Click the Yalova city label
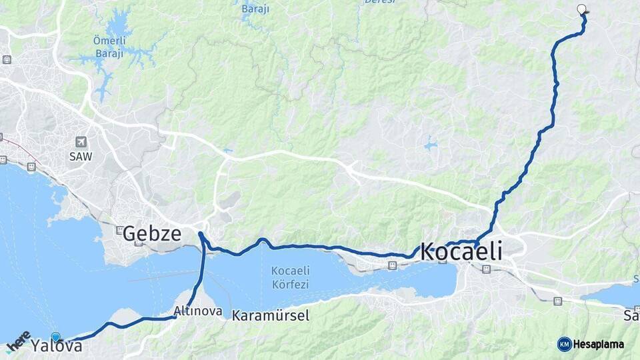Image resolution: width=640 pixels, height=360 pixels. tap(57, 347)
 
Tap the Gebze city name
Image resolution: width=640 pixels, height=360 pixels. tap(151, 233)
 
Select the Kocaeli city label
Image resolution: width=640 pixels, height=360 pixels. tap(461, 253)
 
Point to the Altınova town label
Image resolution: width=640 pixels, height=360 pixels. tap(197, 311)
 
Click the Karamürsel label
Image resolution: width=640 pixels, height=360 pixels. tap(271, 315)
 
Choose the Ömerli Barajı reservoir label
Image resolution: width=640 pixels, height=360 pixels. tap(107, 49)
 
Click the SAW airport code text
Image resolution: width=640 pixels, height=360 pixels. tap(81, 156)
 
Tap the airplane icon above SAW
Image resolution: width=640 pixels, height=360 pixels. tap(81, 142)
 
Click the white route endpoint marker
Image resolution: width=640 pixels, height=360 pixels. tap(581, 9)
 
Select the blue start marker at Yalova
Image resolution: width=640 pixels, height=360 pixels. tap(55, 337)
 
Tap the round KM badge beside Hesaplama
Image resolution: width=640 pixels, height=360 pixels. tap(564, 344)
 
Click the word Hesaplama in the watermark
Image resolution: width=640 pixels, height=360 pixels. tap(599, 345)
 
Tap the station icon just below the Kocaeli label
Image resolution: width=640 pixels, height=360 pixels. tap(486, 269)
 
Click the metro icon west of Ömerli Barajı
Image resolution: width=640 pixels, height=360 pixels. tap(7, 60)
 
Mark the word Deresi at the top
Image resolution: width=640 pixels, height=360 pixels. tap(380, 2)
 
